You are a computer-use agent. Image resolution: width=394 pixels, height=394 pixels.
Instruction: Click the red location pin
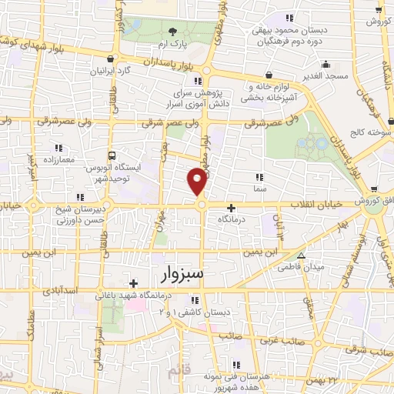[x=198, y=183]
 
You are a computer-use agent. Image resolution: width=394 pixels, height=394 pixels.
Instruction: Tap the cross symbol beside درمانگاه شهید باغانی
[x=133, y=282]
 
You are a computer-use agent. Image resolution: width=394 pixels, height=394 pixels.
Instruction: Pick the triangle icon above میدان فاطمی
[x=301, y=255]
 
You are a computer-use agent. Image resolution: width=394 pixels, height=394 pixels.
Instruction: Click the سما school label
[x=259, y=187]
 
